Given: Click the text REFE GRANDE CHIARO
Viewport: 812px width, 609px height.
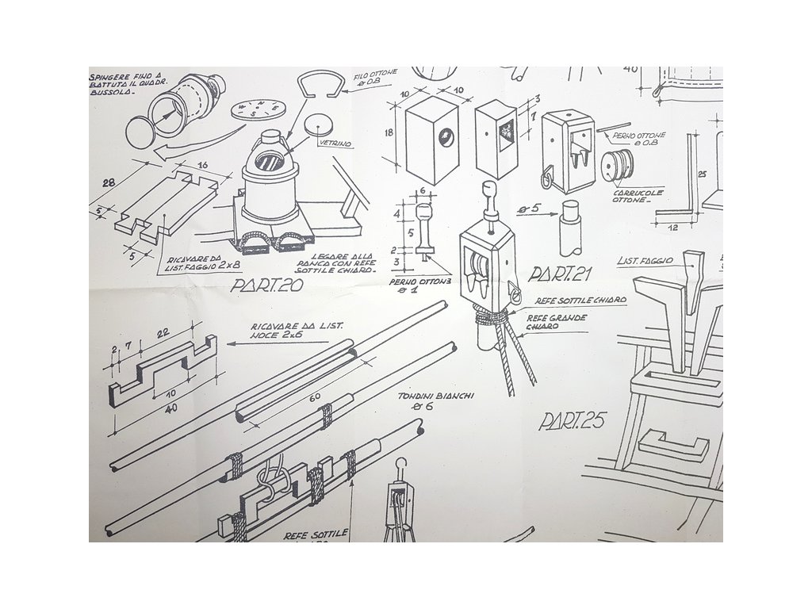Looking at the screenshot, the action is (x=559, y=324).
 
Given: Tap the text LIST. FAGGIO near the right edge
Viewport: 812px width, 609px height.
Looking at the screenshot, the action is (x=645, y=260).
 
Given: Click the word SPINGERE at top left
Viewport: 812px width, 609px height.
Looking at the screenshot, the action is (x=113, y=79).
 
